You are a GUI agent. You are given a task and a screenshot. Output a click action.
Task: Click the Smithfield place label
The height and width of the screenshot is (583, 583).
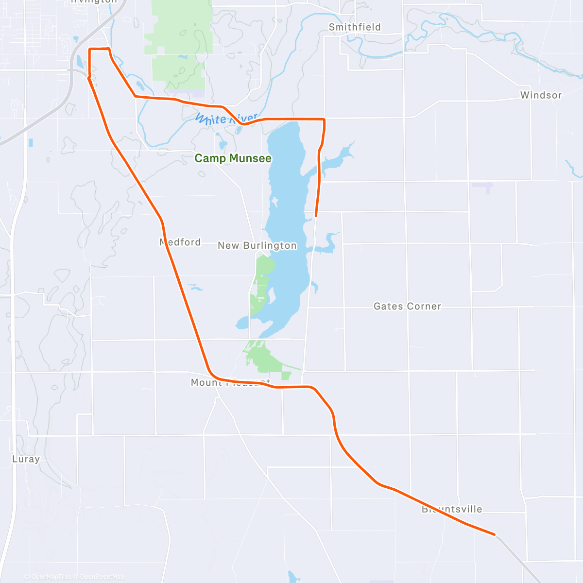(x=354, y=27)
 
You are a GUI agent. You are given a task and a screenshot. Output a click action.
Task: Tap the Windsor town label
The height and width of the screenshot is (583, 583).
(x=541, y=95)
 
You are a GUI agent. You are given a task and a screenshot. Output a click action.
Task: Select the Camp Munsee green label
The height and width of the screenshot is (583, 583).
(x=233, y=158)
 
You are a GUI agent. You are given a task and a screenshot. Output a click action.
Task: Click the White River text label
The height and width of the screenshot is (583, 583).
(x=226, y=119)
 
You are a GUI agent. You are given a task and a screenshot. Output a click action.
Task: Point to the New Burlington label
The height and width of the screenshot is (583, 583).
(x=257, y=246)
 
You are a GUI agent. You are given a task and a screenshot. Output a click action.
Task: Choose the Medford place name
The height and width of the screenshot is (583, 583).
(x=180, y=242)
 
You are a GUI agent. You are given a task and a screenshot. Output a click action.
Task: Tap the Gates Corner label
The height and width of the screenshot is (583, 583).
(x=407, y=307)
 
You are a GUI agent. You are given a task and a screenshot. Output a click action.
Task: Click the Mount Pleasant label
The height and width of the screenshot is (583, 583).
(x=229, y=382)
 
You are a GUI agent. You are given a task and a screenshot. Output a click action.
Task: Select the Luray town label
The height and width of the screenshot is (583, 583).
(x=26, y=459)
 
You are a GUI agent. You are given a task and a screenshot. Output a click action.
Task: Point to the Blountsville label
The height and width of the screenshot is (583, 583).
(x=452, y=510)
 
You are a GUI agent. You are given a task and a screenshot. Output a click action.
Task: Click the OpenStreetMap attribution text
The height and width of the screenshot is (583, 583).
(x=102, y=577)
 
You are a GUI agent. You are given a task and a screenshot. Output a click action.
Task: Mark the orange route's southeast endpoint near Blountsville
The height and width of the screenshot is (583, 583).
(x=494, y=534)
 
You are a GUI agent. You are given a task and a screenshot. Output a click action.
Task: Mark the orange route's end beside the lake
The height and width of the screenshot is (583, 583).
(x=316, y=215)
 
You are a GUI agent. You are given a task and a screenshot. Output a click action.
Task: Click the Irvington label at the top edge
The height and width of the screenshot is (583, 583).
(x=94, y=1)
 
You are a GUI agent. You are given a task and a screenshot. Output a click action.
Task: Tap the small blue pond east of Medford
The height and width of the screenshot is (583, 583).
(x=195, y=288)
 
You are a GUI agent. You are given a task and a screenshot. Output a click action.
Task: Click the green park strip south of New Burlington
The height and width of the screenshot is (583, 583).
(x=263, y=282)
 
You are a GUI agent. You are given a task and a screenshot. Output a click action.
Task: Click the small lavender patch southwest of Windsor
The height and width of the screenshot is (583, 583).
(x=482, y=186)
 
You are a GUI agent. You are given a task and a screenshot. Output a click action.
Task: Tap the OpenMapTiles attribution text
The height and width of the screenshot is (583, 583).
(x=51, y=577)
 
